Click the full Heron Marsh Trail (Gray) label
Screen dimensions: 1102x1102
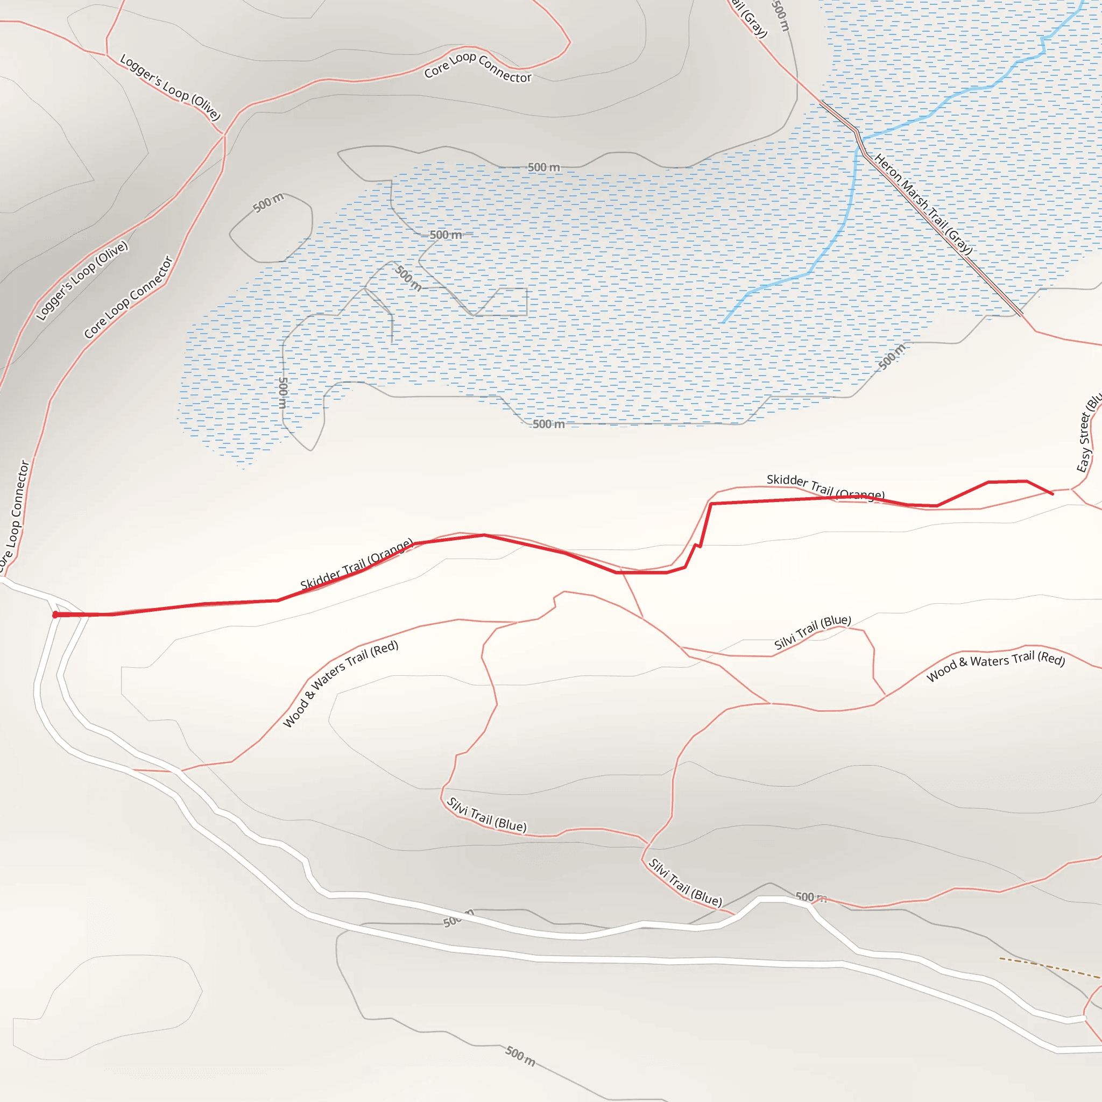(923, 204)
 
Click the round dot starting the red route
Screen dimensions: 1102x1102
(55, 614)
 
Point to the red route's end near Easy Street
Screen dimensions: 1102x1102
(1052, 493)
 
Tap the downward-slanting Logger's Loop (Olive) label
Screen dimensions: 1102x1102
(170, 87)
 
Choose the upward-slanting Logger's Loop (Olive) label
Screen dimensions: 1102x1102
(82, 281)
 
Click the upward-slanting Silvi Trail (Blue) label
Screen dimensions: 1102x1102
(812, 632)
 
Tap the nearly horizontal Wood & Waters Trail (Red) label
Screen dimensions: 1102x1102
(995, 665)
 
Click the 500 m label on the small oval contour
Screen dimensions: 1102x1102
(268, 202)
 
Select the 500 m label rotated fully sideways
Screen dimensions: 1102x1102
(283, 392)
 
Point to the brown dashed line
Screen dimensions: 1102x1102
(1049, 968)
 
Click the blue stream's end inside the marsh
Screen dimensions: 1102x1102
(723, 322)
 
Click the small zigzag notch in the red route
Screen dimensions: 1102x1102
(697, 546)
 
